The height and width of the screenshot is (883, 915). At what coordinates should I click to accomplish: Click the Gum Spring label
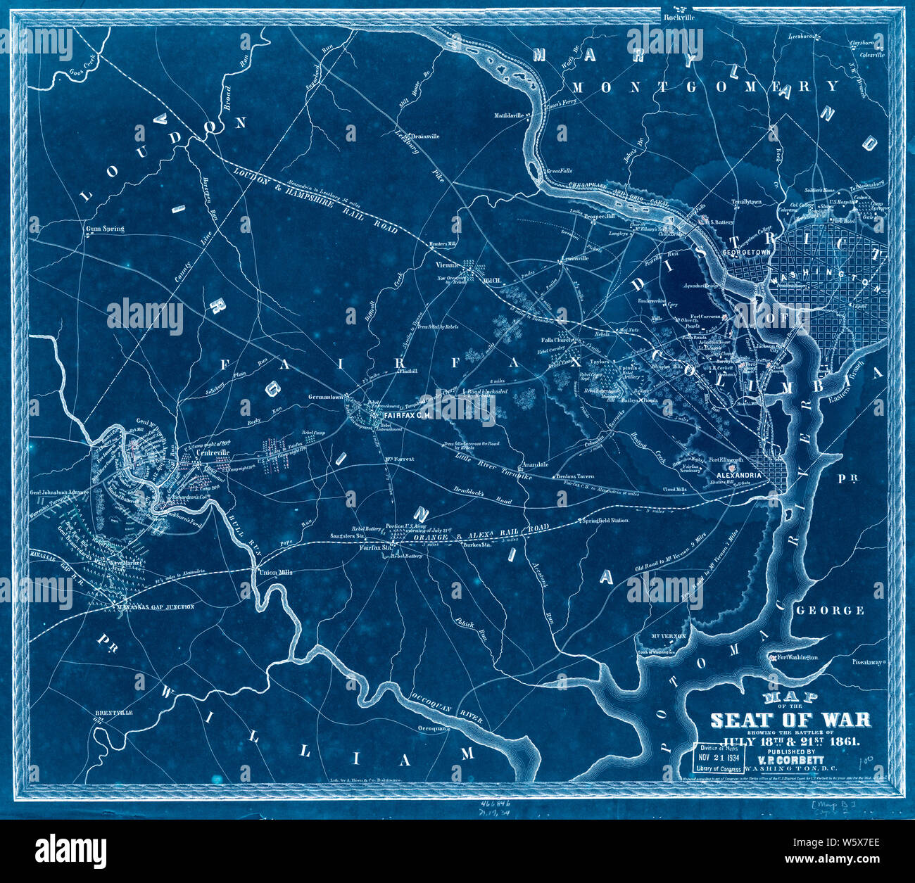point(104,229)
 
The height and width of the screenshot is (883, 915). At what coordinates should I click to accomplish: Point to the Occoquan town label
point(433,728)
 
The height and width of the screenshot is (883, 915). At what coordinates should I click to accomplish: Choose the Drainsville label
point(424,136)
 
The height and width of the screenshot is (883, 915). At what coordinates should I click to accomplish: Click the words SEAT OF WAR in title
point(790,720)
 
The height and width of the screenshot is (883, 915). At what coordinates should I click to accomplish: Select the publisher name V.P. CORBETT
point(790,760)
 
